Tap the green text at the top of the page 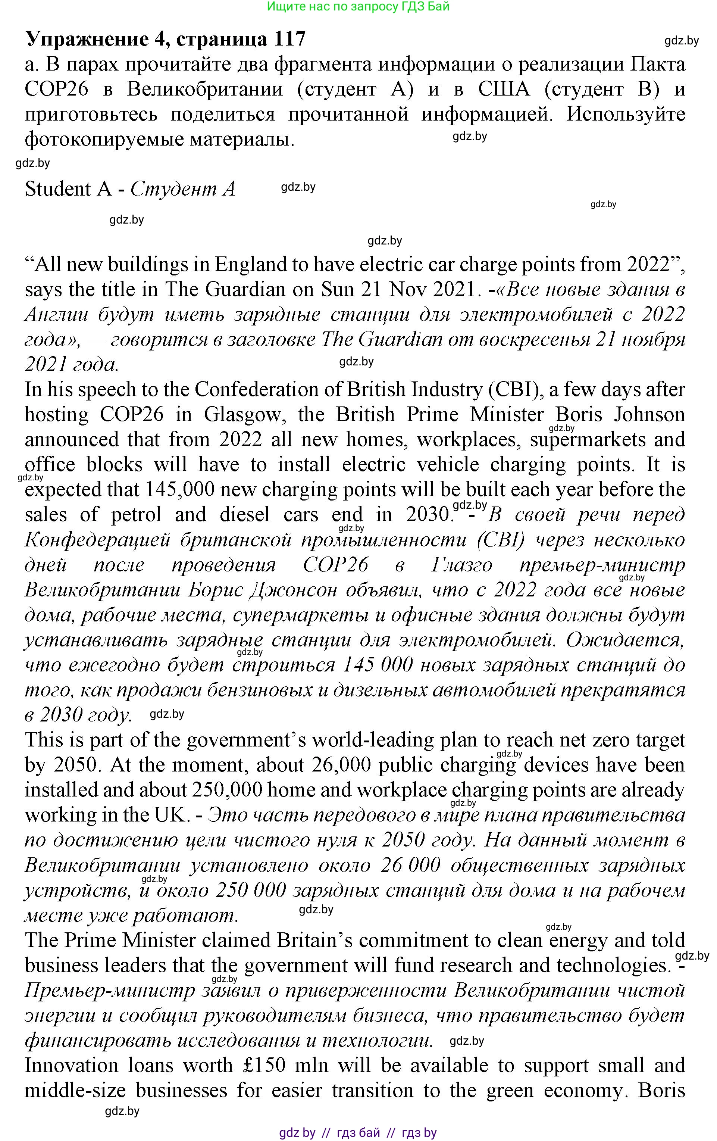[358, 7]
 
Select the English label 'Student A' [68, 189]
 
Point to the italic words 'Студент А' [183, 189]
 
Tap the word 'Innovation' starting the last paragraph [71, 1065]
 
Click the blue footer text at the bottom [358, 1132]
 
